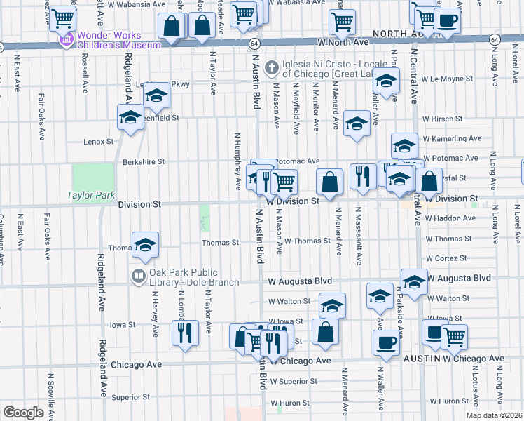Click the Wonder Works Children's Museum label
[118, 39]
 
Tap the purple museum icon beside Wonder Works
[67, 40]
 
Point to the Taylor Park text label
[90, 196]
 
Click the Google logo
[23, 413]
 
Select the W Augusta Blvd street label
[300, 281]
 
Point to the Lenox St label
[98, 142]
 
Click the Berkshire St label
[143, 161]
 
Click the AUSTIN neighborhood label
[420, 359]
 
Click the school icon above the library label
[145, 246]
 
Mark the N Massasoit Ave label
[358, 236]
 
